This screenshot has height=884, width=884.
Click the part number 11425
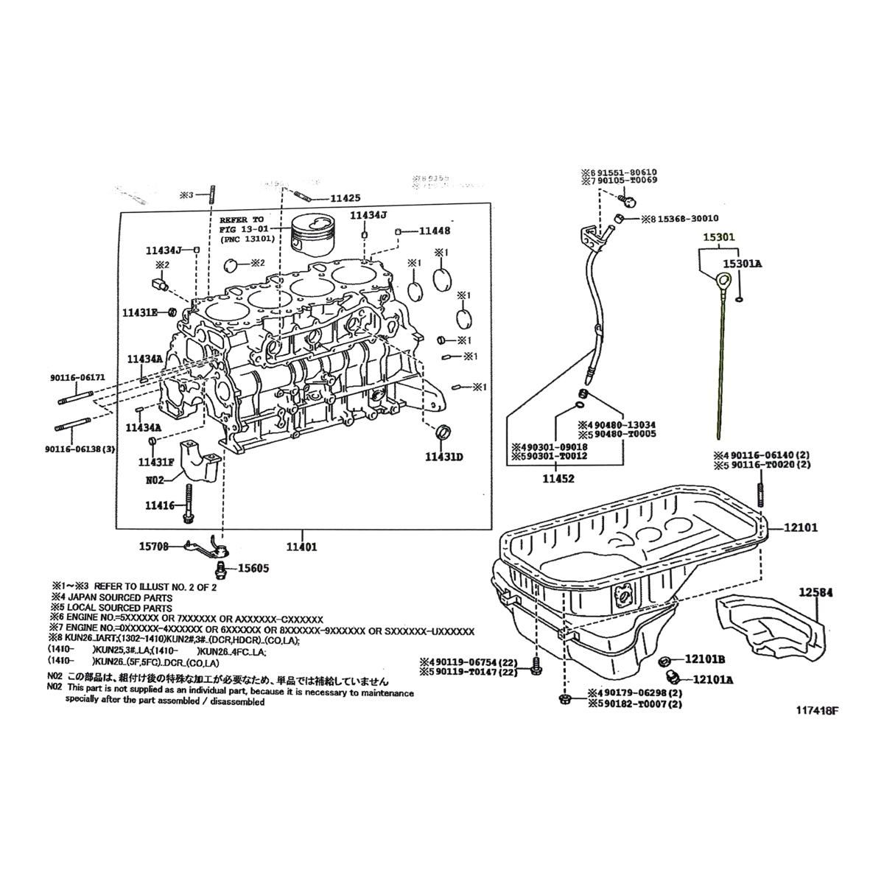tap(345, 198)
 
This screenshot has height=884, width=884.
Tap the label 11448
tap(435, 231)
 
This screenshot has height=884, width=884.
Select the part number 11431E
tap(140, 312)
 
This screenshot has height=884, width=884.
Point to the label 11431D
tap(443, 457)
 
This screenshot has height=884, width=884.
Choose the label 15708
tap(154, 547)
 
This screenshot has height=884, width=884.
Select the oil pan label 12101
tap(801, 528)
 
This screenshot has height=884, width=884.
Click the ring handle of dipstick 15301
tap(724, 281)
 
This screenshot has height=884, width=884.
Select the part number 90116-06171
tap(78, 377)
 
